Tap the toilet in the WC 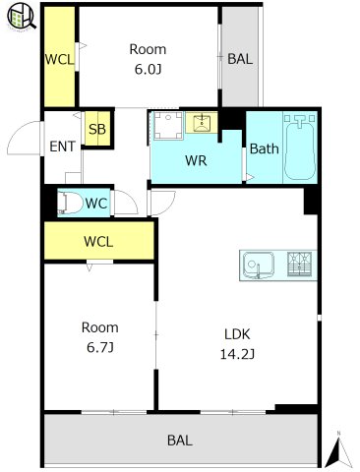pos(70,203)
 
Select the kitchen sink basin pos(259,265)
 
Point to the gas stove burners pos(299,264)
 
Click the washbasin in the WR pos(202,123)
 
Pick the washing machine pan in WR pos(168,126)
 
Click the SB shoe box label pos(97,129)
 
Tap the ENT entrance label pos(62,147)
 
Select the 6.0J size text pos(149,69)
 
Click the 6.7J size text pos(100,347)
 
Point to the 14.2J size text pos(237,354)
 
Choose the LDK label pos(237,334)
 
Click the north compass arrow pos(338,450)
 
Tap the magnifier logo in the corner pos(22,17)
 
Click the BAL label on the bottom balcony pos(180,441)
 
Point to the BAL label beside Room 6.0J pos(240,59)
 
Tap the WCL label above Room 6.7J pos(98,242)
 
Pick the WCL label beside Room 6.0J pos(59,59)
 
